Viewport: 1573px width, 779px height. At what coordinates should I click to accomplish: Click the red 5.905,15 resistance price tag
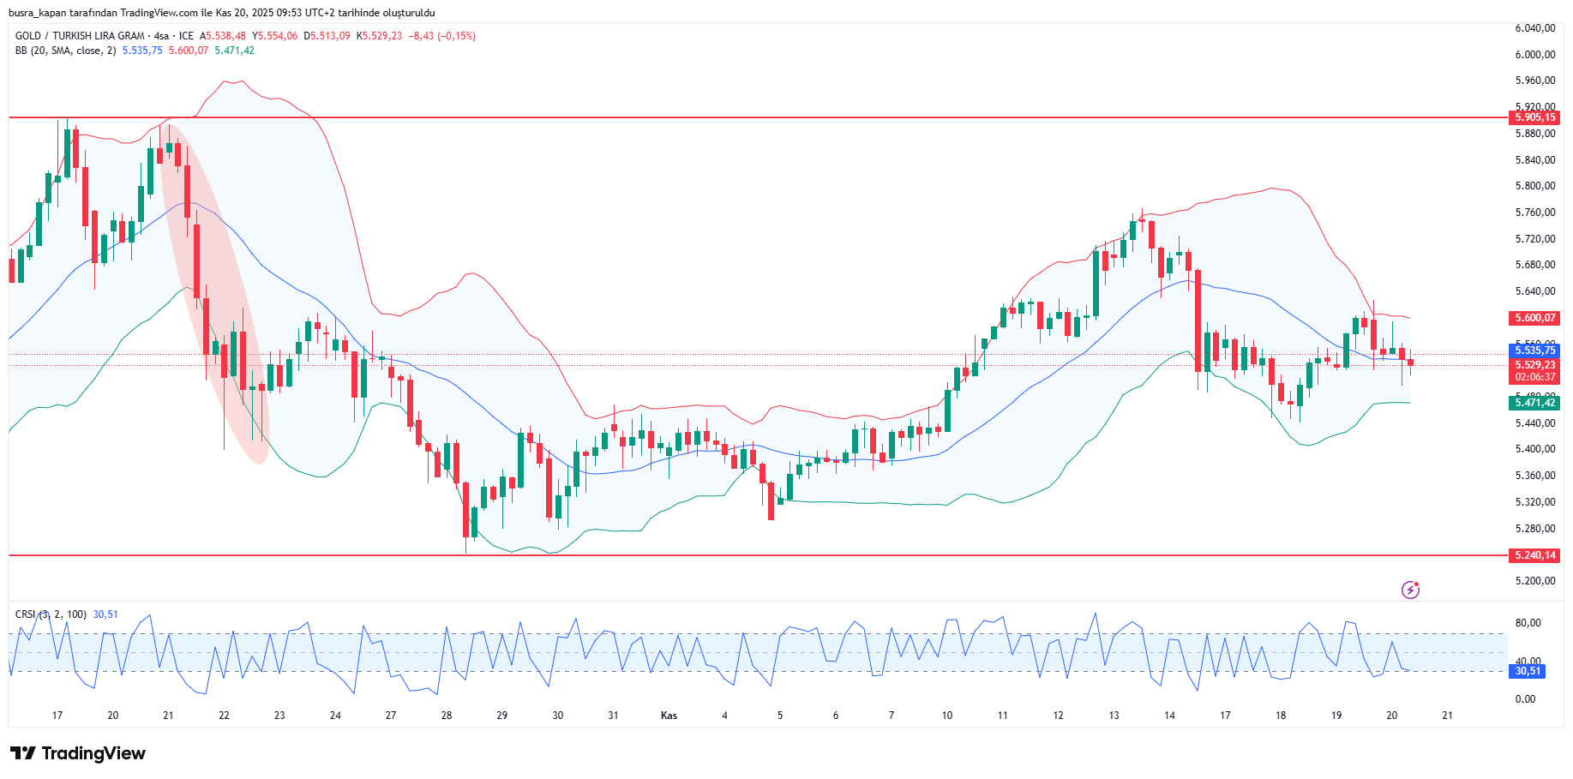1534,117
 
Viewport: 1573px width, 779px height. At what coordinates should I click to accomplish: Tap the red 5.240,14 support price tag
1534,555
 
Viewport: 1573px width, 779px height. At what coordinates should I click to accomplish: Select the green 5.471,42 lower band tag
1534,403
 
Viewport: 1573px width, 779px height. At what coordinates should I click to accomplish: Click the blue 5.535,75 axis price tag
1534,351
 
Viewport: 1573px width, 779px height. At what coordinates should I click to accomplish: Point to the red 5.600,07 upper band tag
1534,318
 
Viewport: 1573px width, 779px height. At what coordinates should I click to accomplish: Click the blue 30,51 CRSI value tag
1527,671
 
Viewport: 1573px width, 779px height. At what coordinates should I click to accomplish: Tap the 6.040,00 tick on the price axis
1534,28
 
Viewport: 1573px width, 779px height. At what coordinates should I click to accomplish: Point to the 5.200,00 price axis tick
1534,581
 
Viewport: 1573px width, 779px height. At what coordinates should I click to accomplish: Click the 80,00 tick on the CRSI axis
1528,623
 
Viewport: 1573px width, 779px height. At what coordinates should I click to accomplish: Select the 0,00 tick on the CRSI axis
1525,699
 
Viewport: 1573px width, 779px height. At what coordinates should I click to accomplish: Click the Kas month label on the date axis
669,716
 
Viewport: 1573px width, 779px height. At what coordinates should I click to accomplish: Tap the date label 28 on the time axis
447,716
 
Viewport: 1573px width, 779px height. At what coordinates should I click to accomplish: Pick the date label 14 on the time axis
1169,716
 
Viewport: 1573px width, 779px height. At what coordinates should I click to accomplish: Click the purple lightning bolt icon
1410,590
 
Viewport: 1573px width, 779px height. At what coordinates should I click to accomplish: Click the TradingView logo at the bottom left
78,753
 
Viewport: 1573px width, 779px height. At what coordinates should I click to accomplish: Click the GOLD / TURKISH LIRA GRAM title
80,36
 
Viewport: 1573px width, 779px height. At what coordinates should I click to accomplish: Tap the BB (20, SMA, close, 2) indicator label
65,51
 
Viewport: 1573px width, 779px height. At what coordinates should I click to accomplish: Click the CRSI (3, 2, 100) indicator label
51,614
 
